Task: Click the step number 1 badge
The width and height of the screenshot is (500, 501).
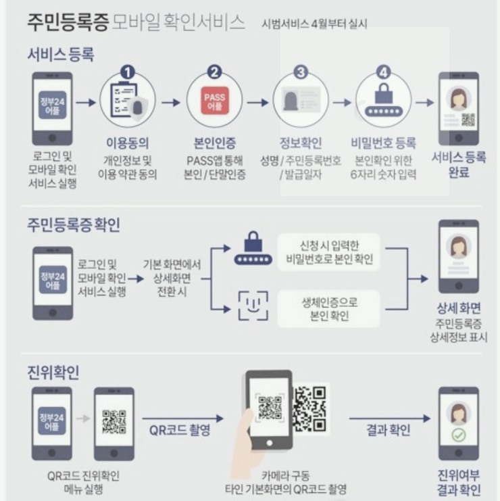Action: [x=128, y=72]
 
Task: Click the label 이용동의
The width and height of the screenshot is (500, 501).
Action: [x=128, y=143]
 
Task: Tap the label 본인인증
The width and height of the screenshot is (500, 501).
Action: [x=214, y=143]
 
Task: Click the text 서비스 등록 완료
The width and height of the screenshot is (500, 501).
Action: [x=459, y=165]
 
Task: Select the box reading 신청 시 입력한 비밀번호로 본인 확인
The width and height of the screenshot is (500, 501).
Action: [x=330, y=252]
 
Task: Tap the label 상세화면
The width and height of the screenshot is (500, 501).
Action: [x=459, y=308]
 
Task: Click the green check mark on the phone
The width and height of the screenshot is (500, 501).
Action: [x=459, y=435]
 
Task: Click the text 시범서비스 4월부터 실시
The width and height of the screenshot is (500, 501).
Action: [x=315, y=25]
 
